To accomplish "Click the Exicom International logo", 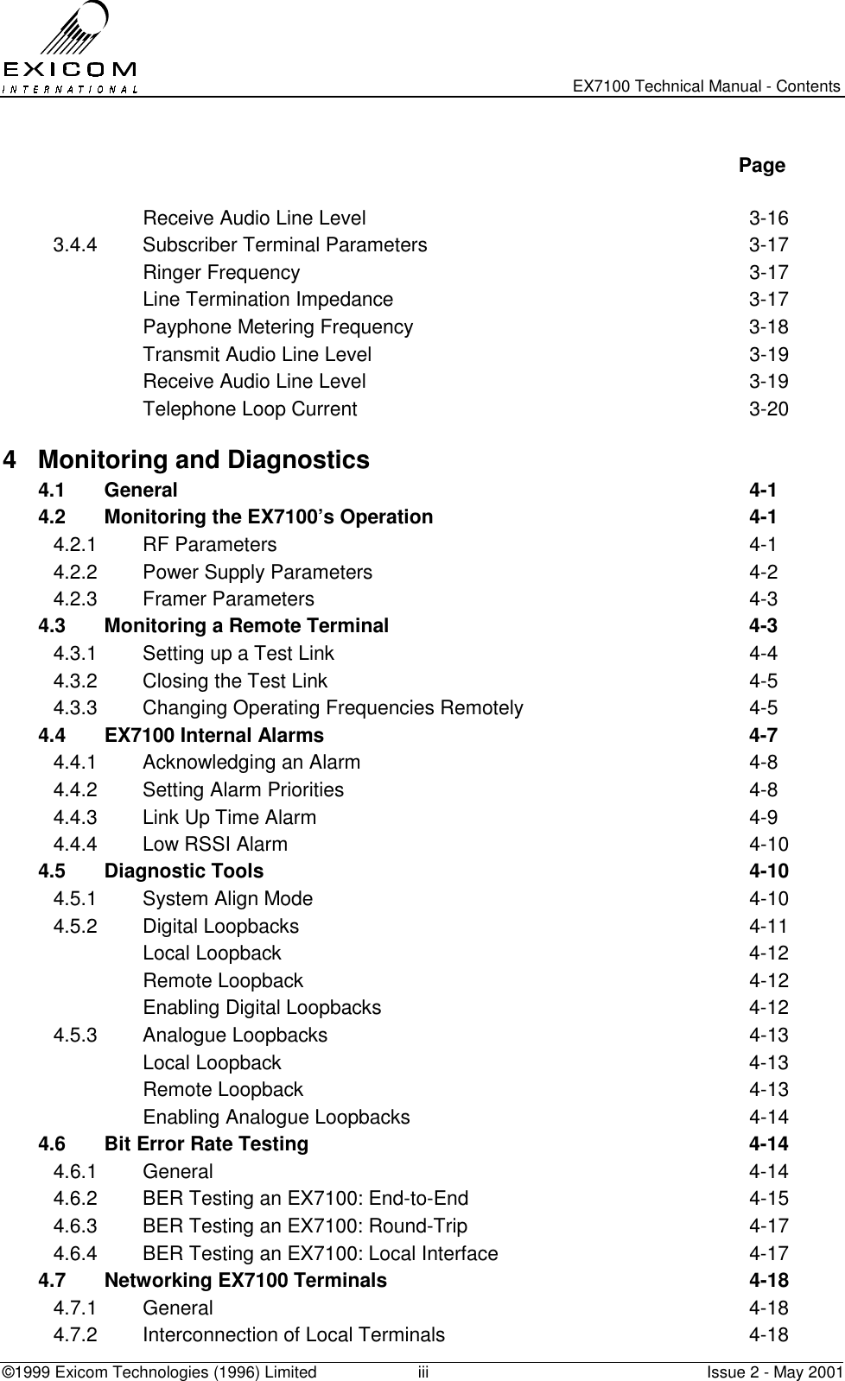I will coord(69,48).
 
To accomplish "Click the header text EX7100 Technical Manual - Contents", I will coord(707,86).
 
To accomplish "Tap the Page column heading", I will coord(761,165).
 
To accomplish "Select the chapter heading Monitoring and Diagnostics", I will coord(204,459).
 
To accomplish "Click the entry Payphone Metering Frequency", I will coord(277,327).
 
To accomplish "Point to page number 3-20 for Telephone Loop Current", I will coord(767,409).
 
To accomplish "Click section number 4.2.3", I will coord(75,599).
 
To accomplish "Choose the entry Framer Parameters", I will coord(228,599).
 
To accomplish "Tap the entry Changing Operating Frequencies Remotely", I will coord(333,708).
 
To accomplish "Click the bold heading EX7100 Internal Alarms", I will coord(213,736).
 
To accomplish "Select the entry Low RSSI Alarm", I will coord(215,845).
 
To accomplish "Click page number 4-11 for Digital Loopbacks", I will coord(767,927).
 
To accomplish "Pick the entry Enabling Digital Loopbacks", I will coord(262,1008).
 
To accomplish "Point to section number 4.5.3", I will coord(75,1036).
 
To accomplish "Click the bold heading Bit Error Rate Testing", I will coord(206,1144).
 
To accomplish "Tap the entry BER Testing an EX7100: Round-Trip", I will coord(305,1226).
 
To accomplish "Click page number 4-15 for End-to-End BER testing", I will coord(767,1199).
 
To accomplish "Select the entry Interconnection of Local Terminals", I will coord(294,1335).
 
